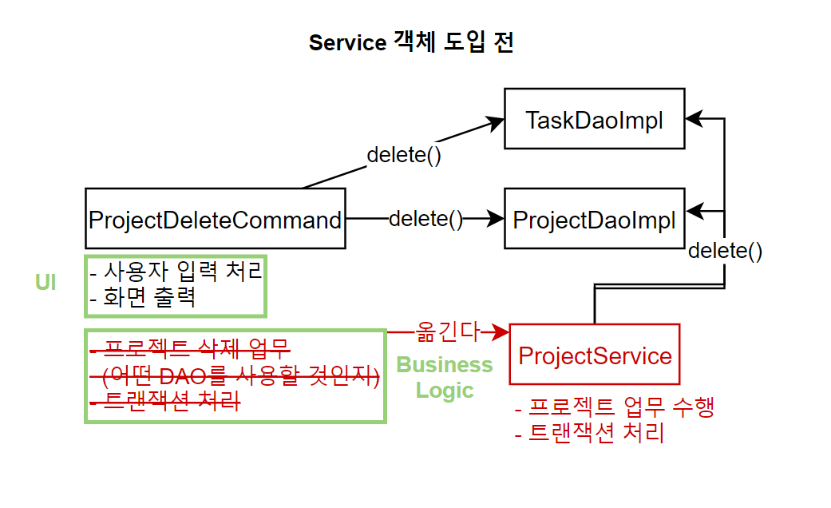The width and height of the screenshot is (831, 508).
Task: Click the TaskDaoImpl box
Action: point(594,119)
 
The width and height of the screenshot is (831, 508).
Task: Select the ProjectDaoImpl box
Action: point(594,219)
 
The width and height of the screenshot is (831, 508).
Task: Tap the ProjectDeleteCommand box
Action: point(216,219)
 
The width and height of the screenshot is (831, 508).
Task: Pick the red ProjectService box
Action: point(594,354)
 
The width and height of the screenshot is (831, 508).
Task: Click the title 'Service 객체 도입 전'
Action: point(411,42)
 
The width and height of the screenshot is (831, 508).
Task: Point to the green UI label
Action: point(46,282)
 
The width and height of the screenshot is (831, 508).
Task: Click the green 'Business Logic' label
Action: point(444,377)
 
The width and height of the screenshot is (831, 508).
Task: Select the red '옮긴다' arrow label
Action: point(447,332)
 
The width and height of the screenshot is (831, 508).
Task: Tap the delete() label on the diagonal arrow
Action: point(404,155)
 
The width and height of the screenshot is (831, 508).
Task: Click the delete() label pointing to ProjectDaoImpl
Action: point(426,219)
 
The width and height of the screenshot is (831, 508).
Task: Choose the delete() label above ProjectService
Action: point(725,250)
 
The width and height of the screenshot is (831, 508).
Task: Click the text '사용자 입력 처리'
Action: point(182,271)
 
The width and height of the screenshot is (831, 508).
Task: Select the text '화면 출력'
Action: point(149,297)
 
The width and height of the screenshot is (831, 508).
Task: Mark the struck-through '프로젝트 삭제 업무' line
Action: point(191,349)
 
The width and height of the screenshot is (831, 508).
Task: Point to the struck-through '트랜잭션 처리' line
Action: point(165,402)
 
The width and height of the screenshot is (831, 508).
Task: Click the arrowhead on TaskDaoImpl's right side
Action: point(694,119)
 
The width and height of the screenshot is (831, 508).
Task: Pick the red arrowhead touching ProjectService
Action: point(500,332)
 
